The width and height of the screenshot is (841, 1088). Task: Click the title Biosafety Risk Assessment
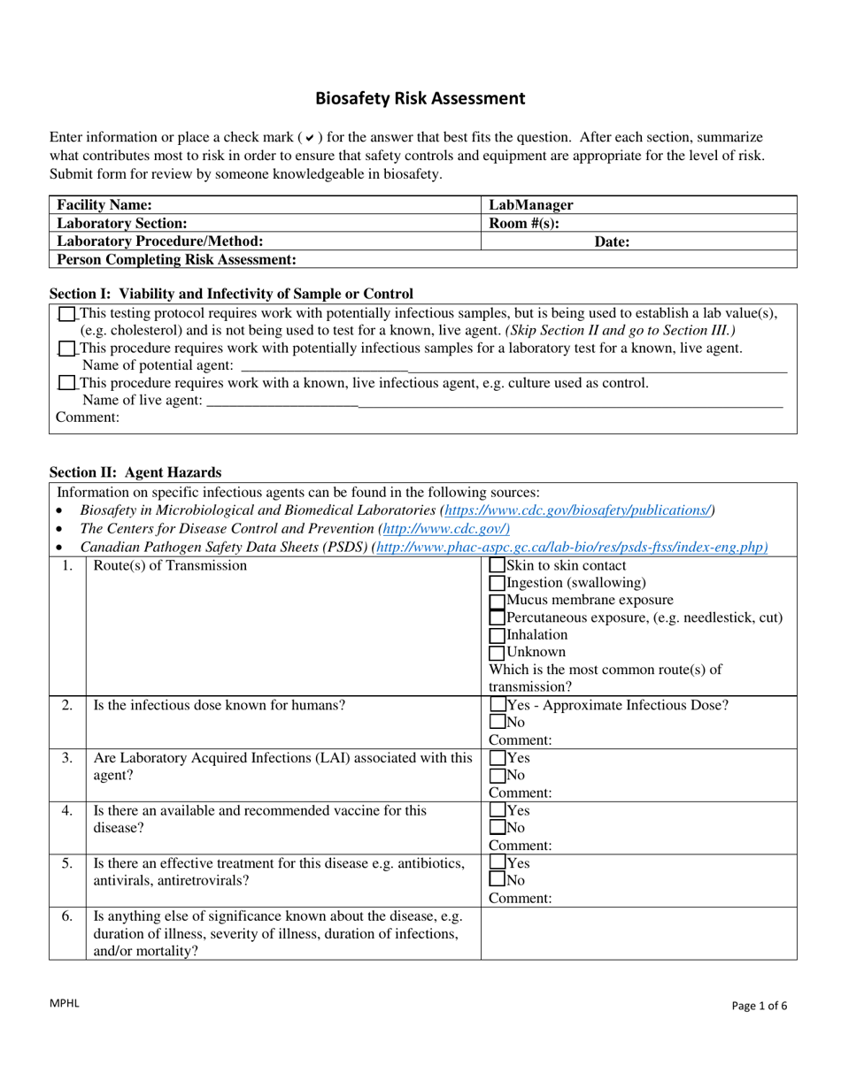(420, 99)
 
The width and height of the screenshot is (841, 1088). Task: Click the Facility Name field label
(104, 204)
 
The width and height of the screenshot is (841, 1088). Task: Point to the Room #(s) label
(524, 223)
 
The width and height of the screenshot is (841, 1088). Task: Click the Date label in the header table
(612, 241)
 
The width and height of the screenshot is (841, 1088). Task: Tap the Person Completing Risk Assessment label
(176, 259)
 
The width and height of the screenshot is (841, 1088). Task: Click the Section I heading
(231, 294)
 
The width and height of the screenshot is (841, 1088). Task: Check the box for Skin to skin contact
(498, 566)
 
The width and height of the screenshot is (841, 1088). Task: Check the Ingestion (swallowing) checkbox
(498, 583)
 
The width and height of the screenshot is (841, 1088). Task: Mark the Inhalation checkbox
(498, 635)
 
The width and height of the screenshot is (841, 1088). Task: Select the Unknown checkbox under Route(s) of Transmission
(498, 653)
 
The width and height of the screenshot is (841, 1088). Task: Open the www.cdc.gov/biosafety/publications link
(578, 510)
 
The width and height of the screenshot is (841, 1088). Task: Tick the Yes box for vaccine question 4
(498, 810)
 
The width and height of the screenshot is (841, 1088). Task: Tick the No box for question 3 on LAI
(498, 776)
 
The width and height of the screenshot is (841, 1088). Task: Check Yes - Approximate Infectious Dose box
(498, 706)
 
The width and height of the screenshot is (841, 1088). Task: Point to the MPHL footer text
(65, 1003)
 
